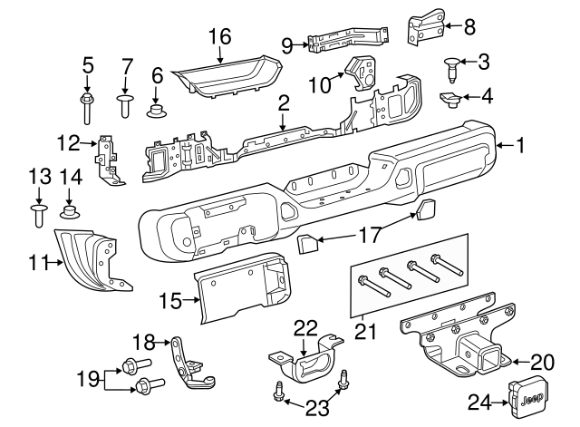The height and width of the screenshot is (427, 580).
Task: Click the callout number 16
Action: [x=220, y=37]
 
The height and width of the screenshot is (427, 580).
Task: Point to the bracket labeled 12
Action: [x=110, y=160]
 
